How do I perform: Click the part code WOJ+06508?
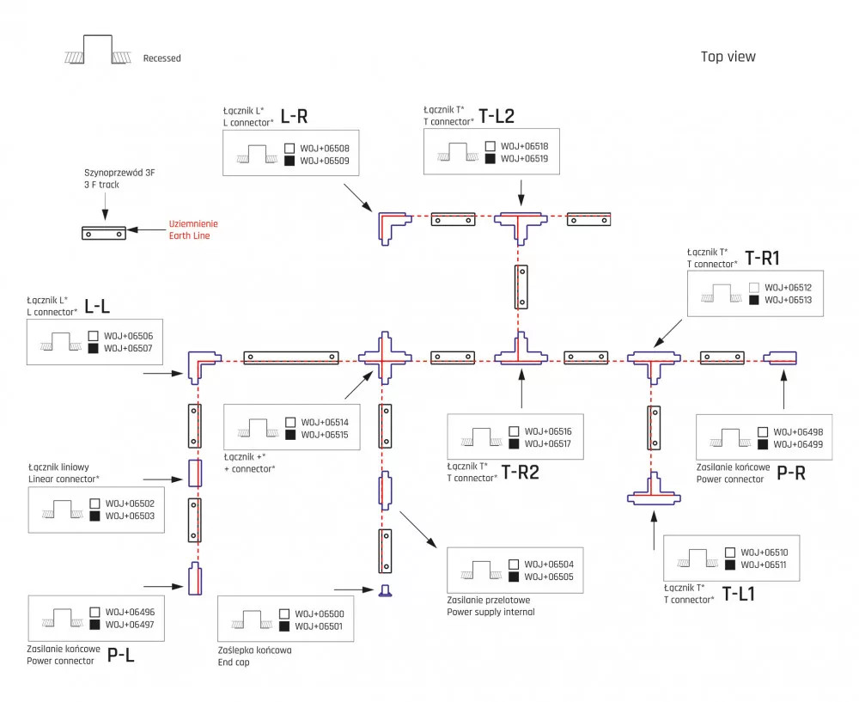(325, 147)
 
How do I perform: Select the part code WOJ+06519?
(524, 159)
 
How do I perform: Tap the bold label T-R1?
(762, 259)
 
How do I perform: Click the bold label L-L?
(98, 305)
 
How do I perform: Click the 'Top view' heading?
(728, 57)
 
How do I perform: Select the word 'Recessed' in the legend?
(162, 58)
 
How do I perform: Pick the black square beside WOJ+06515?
(291, 436)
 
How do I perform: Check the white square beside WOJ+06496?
(94, 612)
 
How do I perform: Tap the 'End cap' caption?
(234, 662)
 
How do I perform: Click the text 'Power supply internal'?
(490, 612)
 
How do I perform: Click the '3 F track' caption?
(102, 185)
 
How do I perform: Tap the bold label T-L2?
(497, 116)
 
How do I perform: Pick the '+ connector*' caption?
(249, 467)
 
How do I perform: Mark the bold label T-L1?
(739, 593)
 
